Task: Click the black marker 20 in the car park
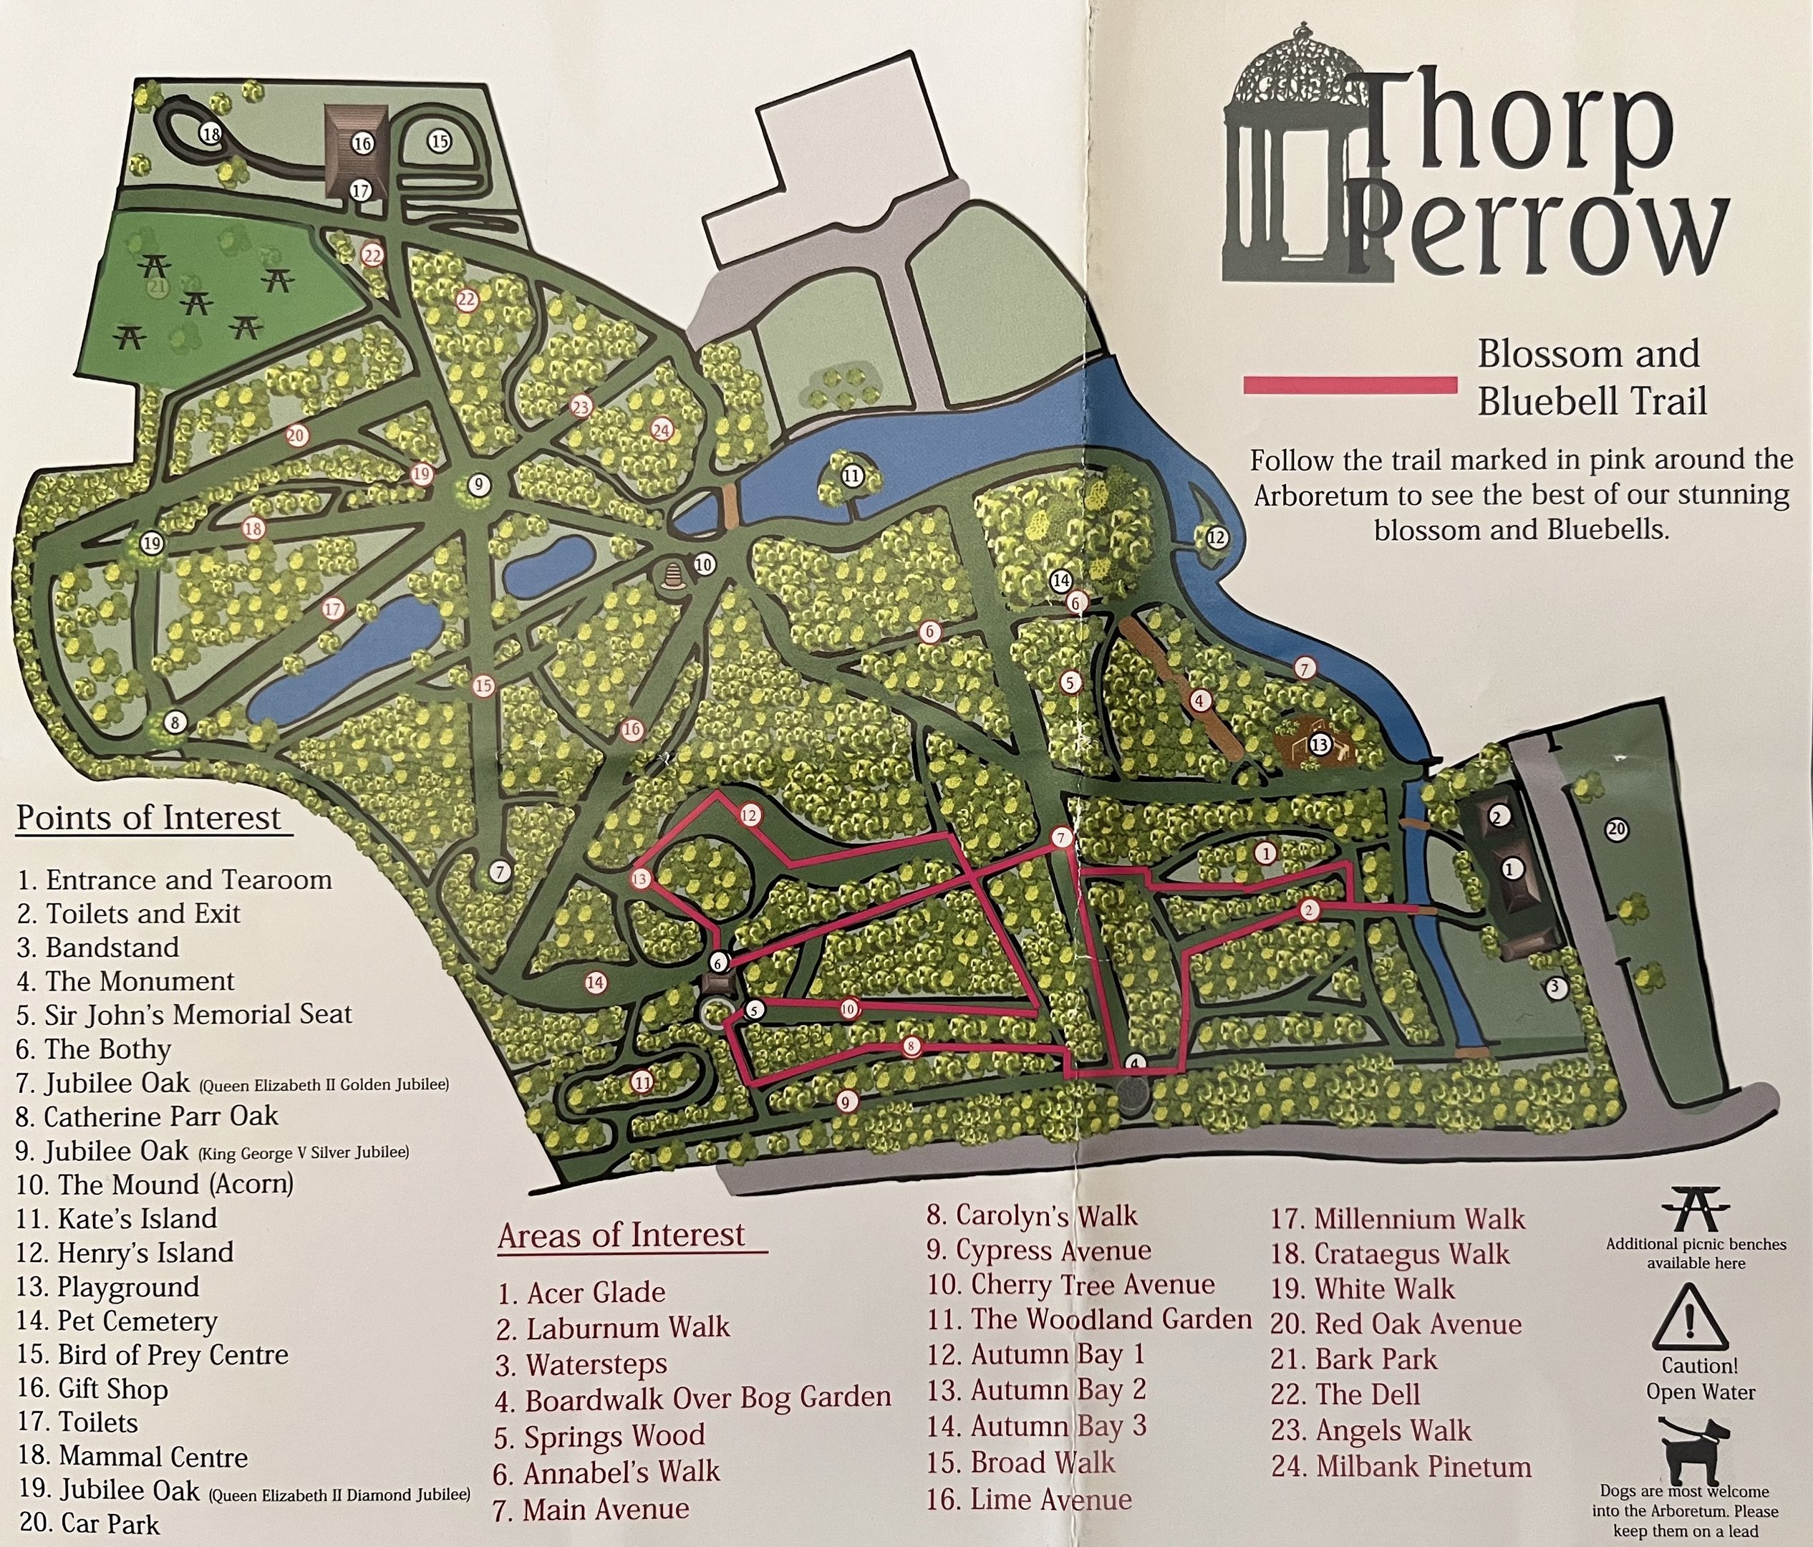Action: tap(1617, 829)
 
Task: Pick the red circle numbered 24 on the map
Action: tap(662, 430)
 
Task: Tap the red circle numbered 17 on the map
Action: tap(332, 609)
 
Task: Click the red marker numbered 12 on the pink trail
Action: tap(749, 816)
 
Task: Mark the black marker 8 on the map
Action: tap(175, 723)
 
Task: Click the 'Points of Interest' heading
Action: tap(150, 818)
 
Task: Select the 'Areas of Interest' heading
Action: tap(622, 1235)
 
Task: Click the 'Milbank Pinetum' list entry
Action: tap(1401, 1467)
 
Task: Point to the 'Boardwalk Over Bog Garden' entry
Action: tap(693, 1400)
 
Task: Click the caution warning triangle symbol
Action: tap(1690, 1317)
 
